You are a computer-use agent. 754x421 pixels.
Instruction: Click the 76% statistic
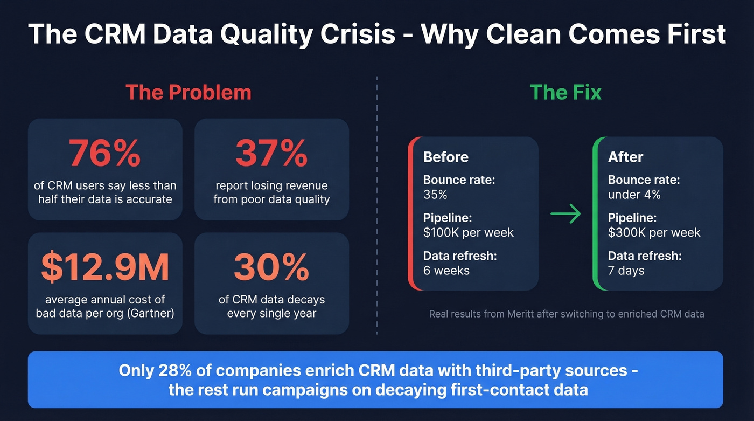[x=105, y=153]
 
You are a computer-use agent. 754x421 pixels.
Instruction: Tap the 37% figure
[x=271, y=153]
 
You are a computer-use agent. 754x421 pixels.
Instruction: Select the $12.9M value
[x=105, y=267]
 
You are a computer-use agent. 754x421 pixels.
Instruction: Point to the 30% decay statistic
[x=271, y=267]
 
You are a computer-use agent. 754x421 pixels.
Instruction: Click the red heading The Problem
[x=188, y=92]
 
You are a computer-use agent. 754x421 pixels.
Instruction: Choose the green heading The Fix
[x=565, y=92]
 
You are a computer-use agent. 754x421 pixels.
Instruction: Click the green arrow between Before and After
[x=565, y=214]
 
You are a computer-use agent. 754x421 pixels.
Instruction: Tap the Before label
[x=446, y=157]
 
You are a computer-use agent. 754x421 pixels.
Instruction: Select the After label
[x=625, y=157]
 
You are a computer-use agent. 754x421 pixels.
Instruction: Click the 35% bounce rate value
[x=435, y=195]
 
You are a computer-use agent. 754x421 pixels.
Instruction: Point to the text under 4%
[x=634, y=195]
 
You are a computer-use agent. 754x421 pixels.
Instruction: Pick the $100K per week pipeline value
[x=469, y=233]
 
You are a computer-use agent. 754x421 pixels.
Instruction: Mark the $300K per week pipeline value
[x=654, y=233]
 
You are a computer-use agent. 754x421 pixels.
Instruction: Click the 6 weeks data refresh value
[x=446, y=271]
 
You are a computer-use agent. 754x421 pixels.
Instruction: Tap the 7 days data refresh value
[x=626, y=271]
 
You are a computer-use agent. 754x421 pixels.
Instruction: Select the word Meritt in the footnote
[x=522, y=314]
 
